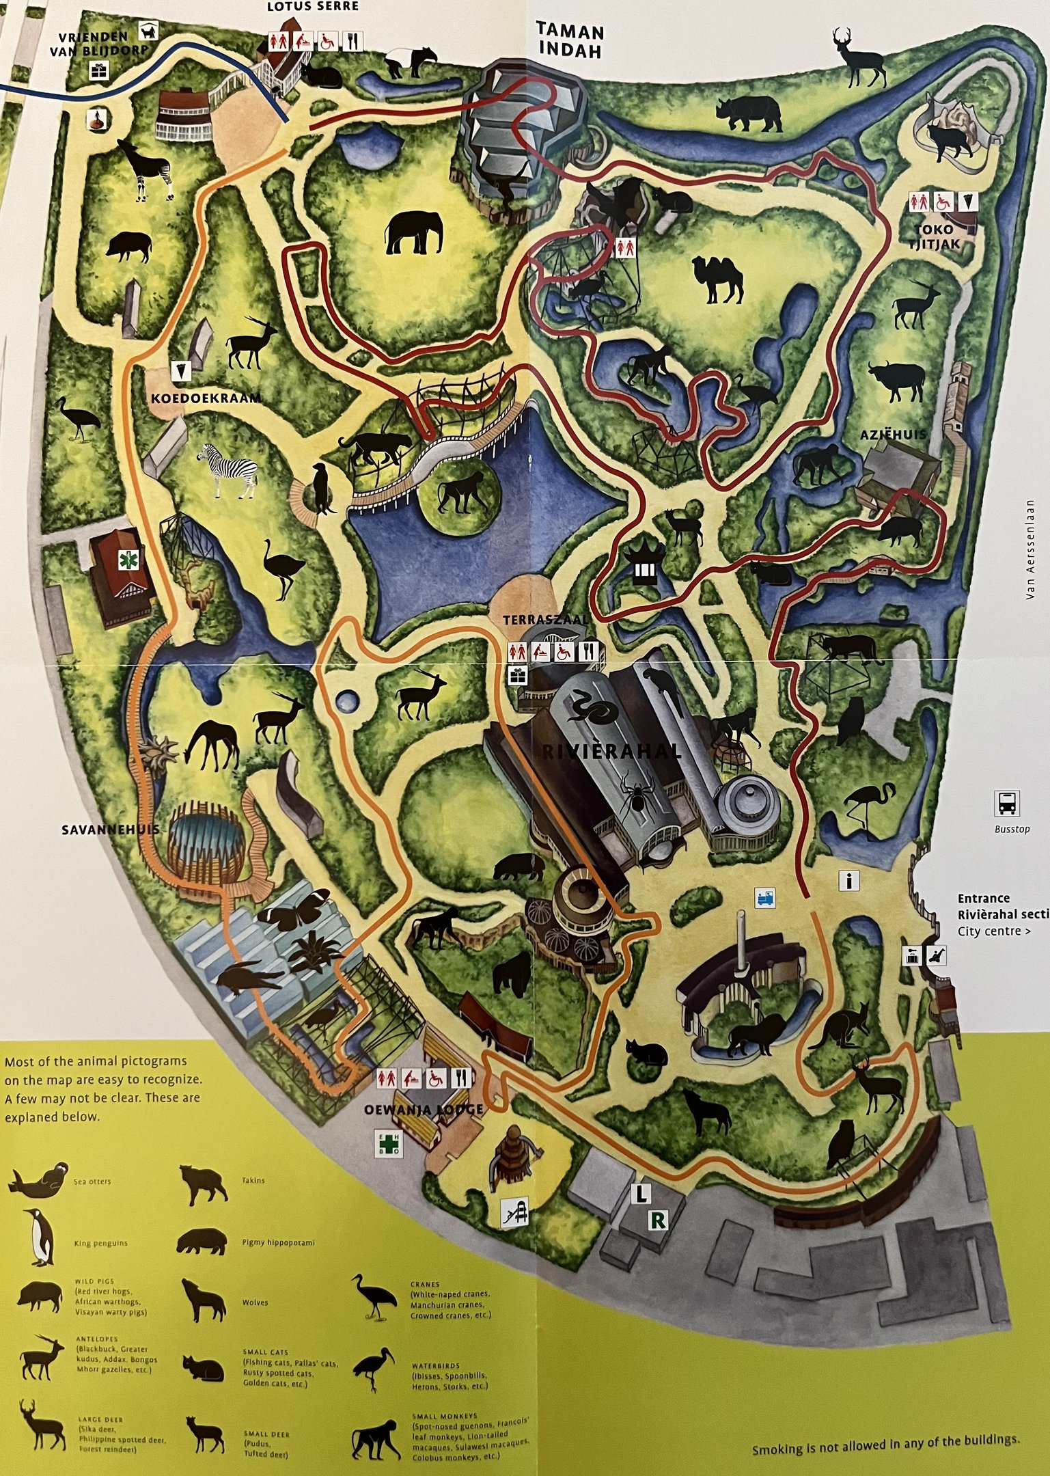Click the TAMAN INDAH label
(x=570, y=41)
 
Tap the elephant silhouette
(x=414, y=232)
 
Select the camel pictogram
(x=717, y=279)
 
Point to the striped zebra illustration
(x=230, y=469)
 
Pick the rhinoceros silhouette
(x=749, y=113)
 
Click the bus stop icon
(x=1007, y=804)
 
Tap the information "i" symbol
(x=849, y=881)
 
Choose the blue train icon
(x=765, y=898)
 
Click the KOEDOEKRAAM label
(x=206, y=398)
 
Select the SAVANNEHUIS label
(x=110, y=830)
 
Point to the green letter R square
(x=658, y=1220)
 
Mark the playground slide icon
(x=515, y=1213)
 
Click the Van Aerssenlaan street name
(x=1030, y=550)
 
